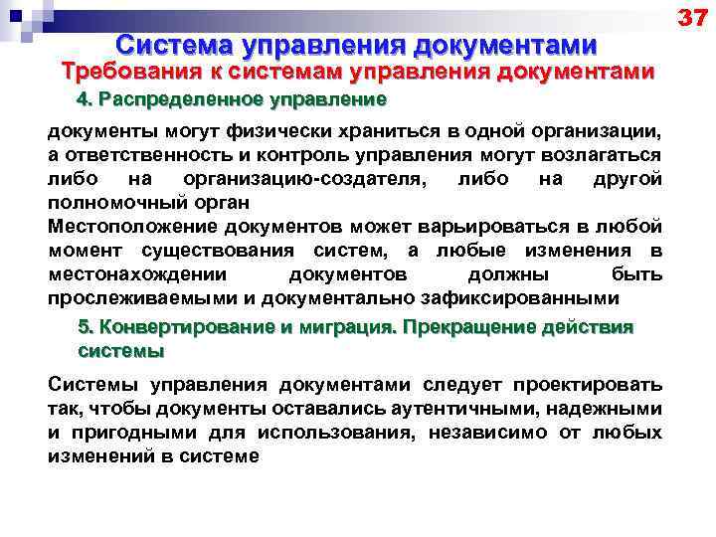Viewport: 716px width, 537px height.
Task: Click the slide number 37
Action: pos(692,17)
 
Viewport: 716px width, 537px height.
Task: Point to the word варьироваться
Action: pos(503,228)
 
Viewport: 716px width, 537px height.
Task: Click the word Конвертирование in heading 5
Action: pos(175,328)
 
